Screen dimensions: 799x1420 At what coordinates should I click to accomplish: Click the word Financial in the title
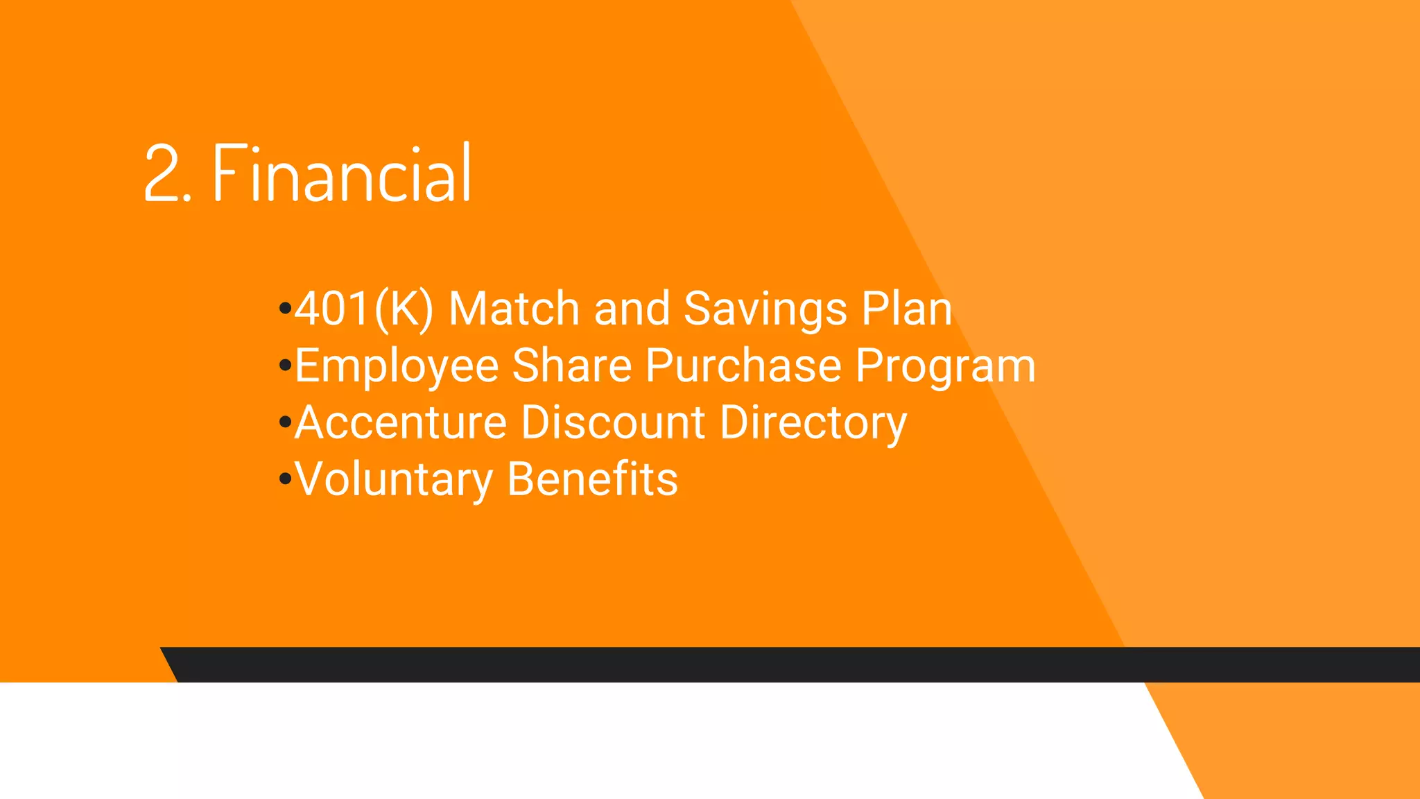[342, 173]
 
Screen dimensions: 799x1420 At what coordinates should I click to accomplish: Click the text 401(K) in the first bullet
[364, 309]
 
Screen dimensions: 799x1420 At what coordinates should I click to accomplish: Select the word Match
[514, 309]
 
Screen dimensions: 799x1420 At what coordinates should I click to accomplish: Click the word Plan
[906, 309]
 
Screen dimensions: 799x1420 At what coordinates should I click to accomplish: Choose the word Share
[571, 366]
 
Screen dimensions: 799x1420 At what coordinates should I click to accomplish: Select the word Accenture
[401, 422]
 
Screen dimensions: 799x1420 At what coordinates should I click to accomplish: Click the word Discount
[613, 422]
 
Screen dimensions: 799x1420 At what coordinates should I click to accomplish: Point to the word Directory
[813, 424]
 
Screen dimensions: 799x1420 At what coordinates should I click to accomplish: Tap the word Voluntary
[394, 480]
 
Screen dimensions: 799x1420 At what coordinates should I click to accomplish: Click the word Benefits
[592, 479]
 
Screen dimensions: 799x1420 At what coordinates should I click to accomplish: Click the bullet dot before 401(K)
[284, 308]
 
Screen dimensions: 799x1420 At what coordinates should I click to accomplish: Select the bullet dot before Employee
[284, 365]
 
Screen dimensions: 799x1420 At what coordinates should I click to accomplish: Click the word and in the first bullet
[632, 309]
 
